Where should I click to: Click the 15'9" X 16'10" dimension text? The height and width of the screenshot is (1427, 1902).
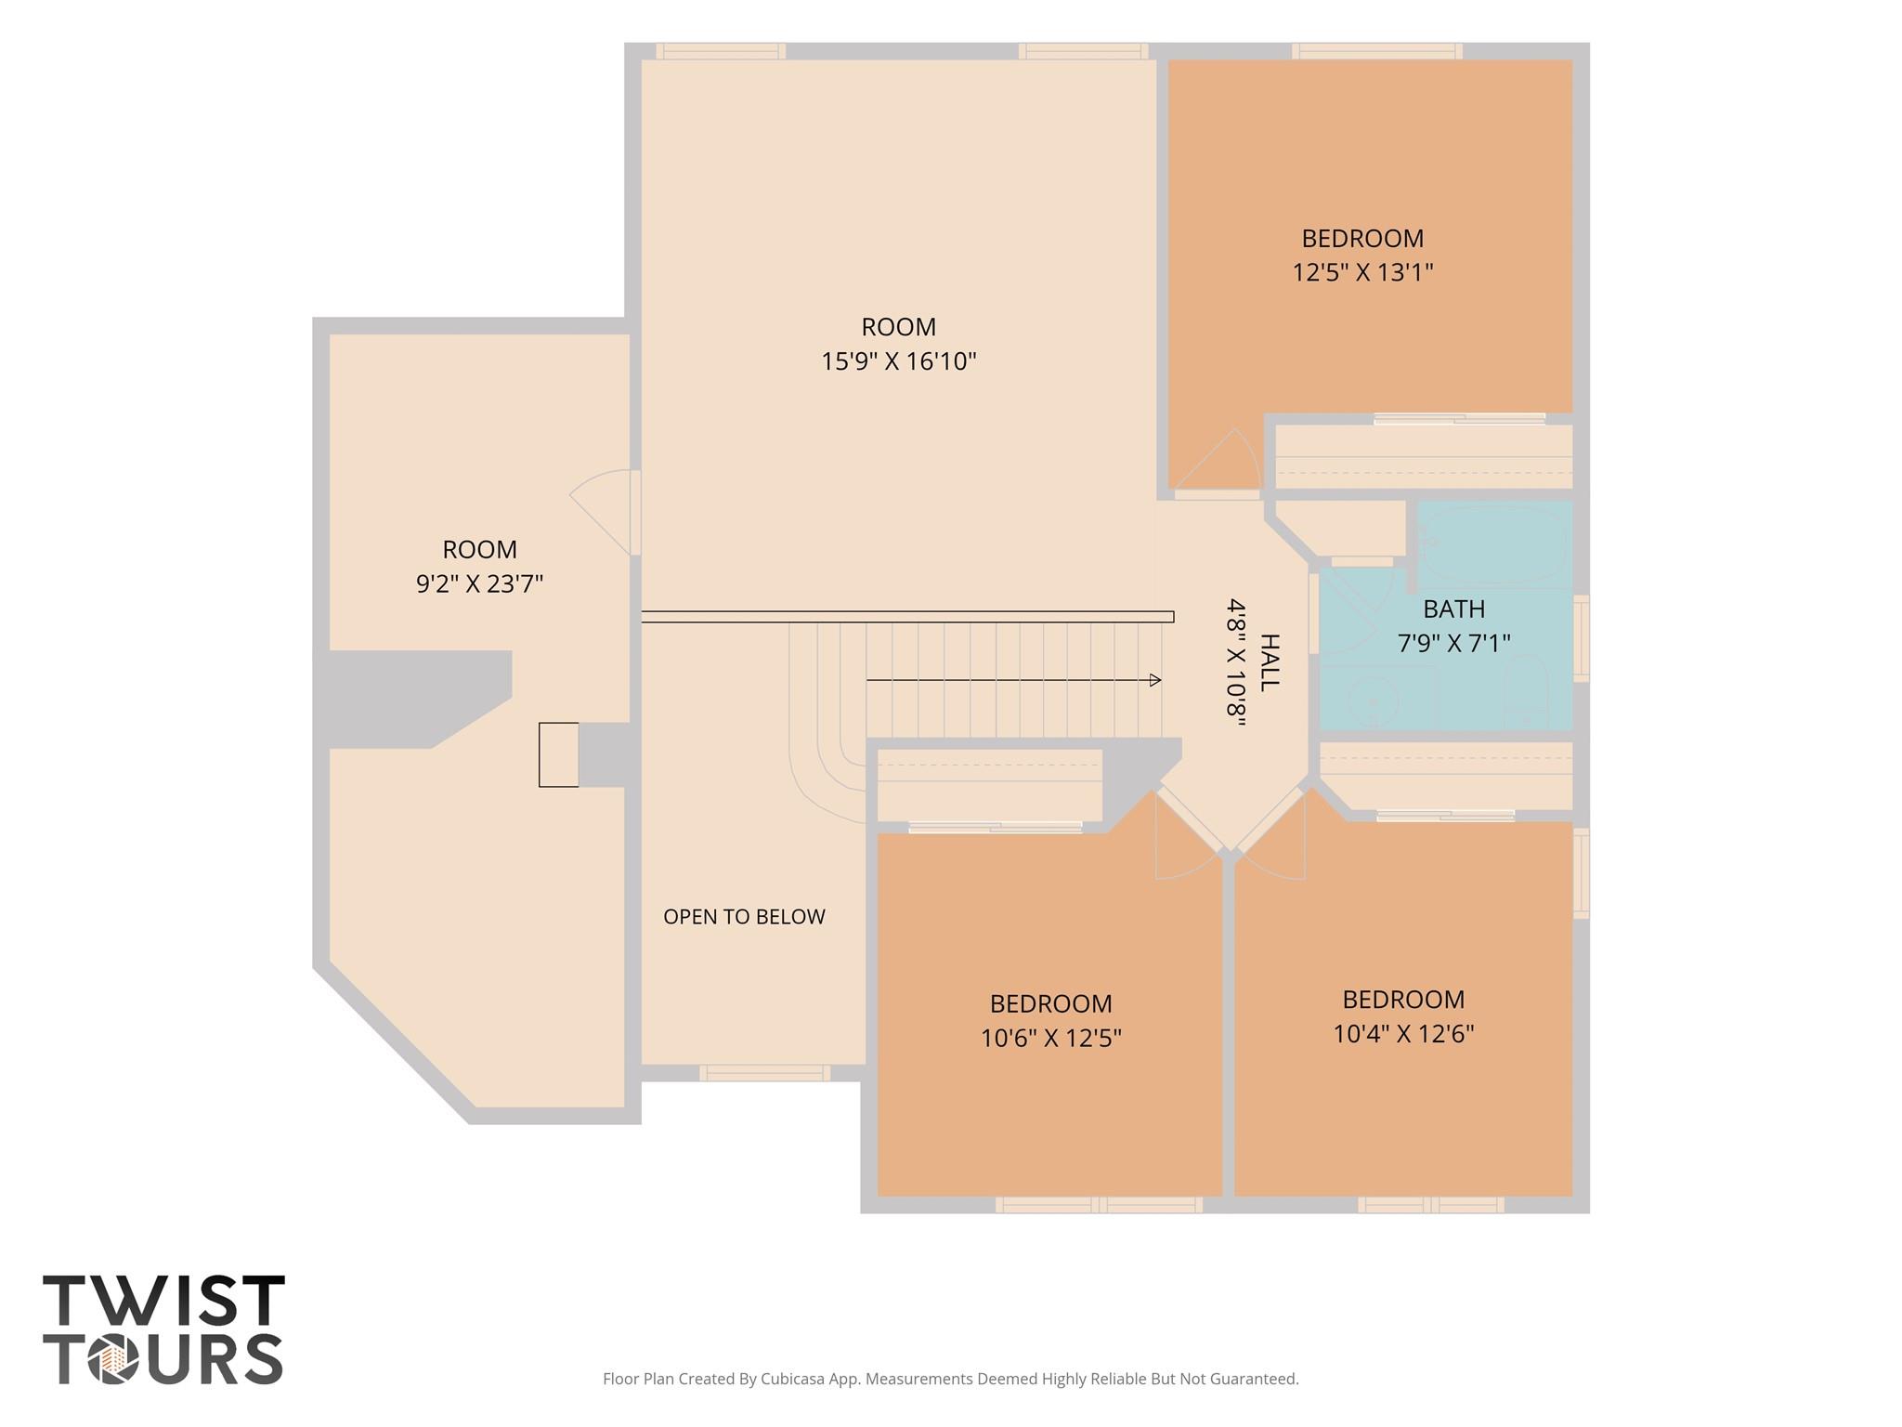coord(898,360)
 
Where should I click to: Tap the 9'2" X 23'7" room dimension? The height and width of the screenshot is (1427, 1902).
coord(479,583)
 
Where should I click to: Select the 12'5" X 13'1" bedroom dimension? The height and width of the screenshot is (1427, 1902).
coord(1362,272)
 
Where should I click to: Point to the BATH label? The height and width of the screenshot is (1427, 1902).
coord(1453,609)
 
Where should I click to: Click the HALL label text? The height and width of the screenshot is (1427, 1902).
coord(1269,661)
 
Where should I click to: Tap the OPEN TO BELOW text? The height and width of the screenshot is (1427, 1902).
coord(744,917)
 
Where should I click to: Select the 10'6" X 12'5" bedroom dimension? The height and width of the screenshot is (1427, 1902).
coord(1051,1038)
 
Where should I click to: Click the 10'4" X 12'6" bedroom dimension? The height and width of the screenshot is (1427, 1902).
coord(1403,1034)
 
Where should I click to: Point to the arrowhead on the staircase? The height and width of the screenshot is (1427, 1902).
coord(1155,680)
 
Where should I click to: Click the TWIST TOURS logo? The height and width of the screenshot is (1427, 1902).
coord(163,1329)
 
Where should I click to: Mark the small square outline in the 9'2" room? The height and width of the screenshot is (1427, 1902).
coord(558,754)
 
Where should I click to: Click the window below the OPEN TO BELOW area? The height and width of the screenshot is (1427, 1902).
coord(764,1073)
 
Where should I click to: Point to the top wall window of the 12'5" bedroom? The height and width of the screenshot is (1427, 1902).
coord(1376,51)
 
